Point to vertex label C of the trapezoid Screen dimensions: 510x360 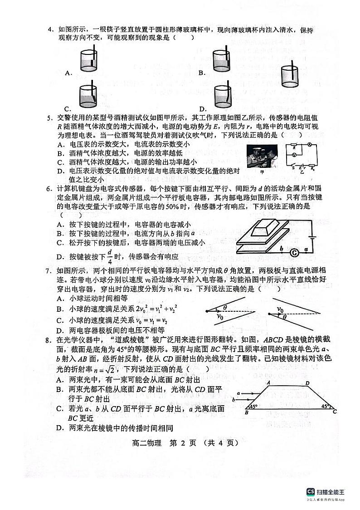[x=335, y=412]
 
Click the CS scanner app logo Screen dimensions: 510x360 [x=310, y=491]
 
